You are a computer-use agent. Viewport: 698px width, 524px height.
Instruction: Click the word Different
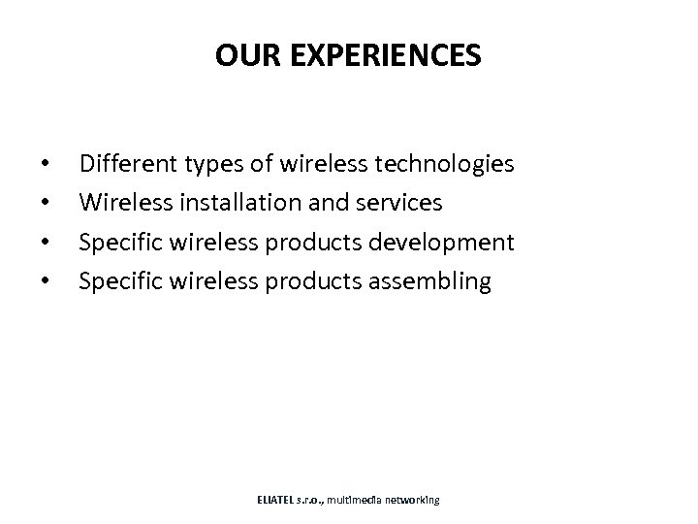point(125,164)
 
